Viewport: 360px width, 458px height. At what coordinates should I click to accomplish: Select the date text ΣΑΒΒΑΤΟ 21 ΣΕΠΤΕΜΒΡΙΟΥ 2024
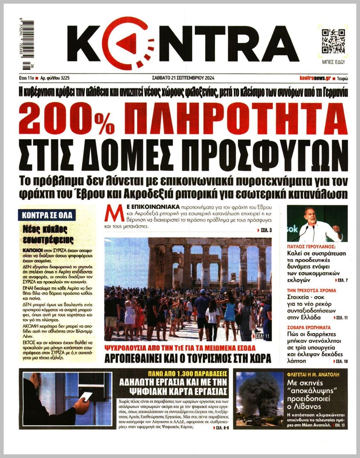tap(183, 78)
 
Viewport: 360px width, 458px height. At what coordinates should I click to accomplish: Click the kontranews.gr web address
tap(315, 78)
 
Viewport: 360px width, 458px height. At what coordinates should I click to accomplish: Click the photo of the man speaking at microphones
tap(317, 223)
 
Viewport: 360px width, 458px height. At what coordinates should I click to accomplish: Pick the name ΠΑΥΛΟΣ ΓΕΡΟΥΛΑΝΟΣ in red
tap(311, 247)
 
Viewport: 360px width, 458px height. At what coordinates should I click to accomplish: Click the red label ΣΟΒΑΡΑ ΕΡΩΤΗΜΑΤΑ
tap(309, 327)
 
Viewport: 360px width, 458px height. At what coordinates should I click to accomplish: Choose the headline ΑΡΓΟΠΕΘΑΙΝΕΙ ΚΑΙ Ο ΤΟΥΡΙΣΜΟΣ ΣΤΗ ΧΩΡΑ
tap(187, 359)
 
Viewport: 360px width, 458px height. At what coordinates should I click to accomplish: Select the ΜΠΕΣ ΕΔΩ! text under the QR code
tap(333, 62)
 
